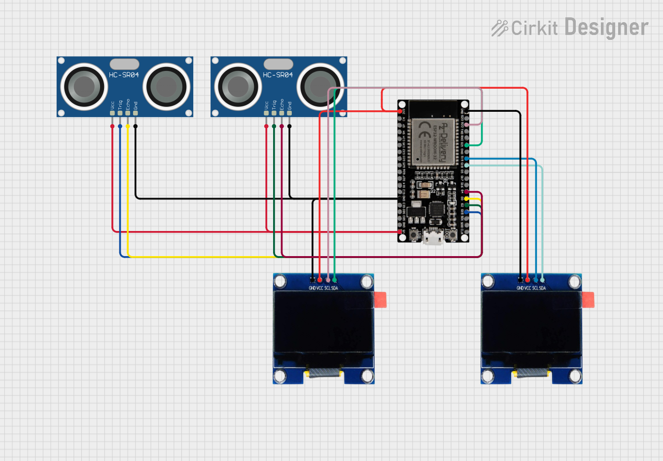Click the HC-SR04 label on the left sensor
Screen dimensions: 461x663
coord(124,75)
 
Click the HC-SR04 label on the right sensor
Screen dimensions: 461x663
coord(278,75)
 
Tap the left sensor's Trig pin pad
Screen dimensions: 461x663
coord(120,113)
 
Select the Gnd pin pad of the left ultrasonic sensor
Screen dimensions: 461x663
coord(136,113)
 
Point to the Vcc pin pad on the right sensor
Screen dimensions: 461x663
coord(266,113)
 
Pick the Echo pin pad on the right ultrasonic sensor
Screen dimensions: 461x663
coord(281,113)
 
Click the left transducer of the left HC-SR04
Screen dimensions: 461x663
coord(84,87)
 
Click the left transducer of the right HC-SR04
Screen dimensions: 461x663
coord(238,87)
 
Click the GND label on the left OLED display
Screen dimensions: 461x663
coord(312,288)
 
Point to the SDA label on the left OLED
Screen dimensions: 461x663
coord(335,288)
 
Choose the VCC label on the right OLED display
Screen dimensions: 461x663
coord(527,288)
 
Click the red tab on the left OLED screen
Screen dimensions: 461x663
coord(380,300)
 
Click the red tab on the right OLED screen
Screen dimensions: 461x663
coord(588,300)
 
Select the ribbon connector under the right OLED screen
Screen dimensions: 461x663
coord(532,373)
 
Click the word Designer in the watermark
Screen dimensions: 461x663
coord(606,28)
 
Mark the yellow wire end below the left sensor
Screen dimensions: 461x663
coord(128,127)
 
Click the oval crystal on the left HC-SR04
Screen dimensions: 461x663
coord(124,64)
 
